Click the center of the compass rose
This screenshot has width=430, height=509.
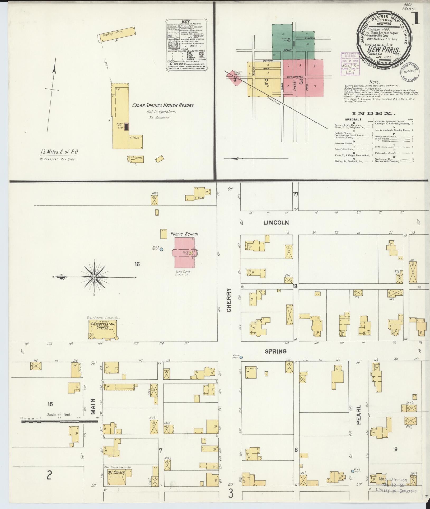(94, 277)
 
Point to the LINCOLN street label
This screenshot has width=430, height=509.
(276, 223)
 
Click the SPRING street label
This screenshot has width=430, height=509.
(276, 351)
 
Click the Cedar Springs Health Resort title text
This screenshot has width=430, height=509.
(163, 105)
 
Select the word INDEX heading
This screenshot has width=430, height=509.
(373, 114)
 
